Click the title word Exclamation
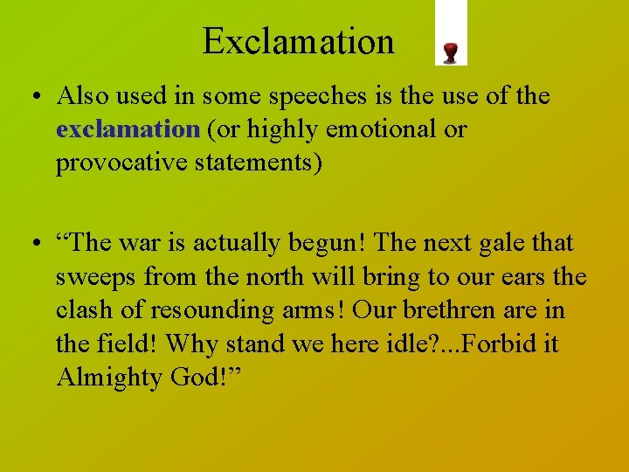[298, 41]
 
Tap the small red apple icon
[451, 52]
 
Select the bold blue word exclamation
[128, 129]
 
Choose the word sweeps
[96, 276]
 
